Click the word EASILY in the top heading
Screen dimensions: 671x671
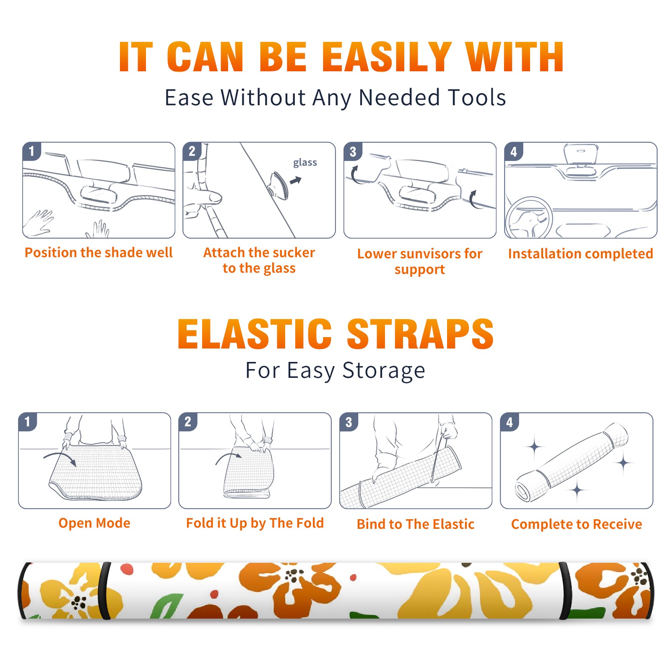click(387, 57)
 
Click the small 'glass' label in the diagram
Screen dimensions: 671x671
click(305, 163)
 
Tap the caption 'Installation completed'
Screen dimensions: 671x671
click(580, 254)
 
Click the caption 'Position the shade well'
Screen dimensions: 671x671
click(99, 252)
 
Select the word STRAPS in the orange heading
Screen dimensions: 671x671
click(420, 334)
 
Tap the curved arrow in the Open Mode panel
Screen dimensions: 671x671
click(60, 458)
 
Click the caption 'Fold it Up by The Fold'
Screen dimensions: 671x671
click(255, 523)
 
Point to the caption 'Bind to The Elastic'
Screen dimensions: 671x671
click(416, 524)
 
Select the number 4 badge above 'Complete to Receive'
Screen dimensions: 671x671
click(510, 422)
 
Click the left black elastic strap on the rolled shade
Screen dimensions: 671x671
click(105, 590)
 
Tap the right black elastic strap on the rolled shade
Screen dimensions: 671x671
click(565, 590)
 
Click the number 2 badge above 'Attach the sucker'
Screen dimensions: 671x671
click(192, 151)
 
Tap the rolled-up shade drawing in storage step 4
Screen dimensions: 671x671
click(572, 462)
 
